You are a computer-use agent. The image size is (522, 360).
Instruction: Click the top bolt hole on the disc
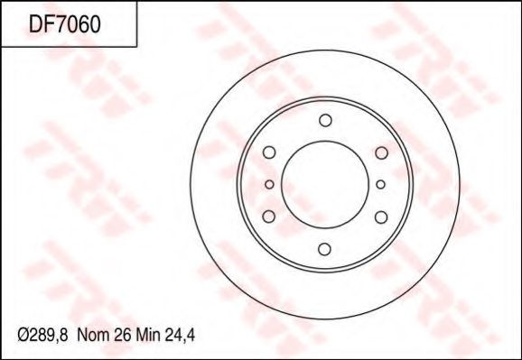(x=325, y=121)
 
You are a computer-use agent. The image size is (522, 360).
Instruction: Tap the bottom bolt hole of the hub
(x=325, y=249)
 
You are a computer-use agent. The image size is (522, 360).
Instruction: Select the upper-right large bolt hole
(x=380, y=153)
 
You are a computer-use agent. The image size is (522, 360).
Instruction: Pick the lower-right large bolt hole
(x=380, y=216)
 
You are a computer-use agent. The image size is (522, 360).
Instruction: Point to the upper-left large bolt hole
(x=269, y=153)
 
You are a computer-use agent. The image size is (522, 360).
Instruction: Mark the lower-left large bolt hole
(x=269, y=216)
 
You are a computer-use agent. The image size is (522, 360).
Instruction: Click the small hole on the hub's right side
(x=380, y=185)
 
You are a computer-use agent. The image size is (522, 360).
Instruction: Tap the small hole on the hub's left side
(x=269, y=185)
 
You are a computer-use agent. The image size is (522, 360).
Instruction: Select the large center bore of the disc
(x=325, y=185)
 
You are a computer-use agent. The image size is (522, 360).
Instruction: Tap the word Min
(x=149, y=335)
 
